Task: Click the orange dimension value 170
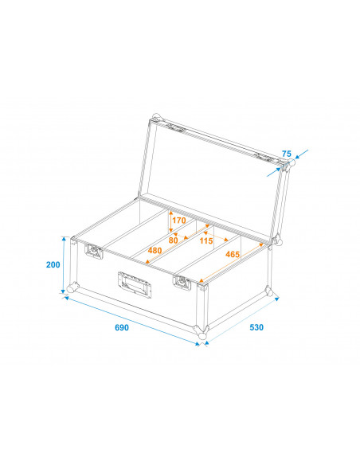pos(178,221)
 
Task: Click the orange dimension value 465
pos(233,254)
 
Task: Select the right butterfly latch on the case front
pos(182,281)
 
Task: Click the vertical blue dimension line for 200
pos(63,264)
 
